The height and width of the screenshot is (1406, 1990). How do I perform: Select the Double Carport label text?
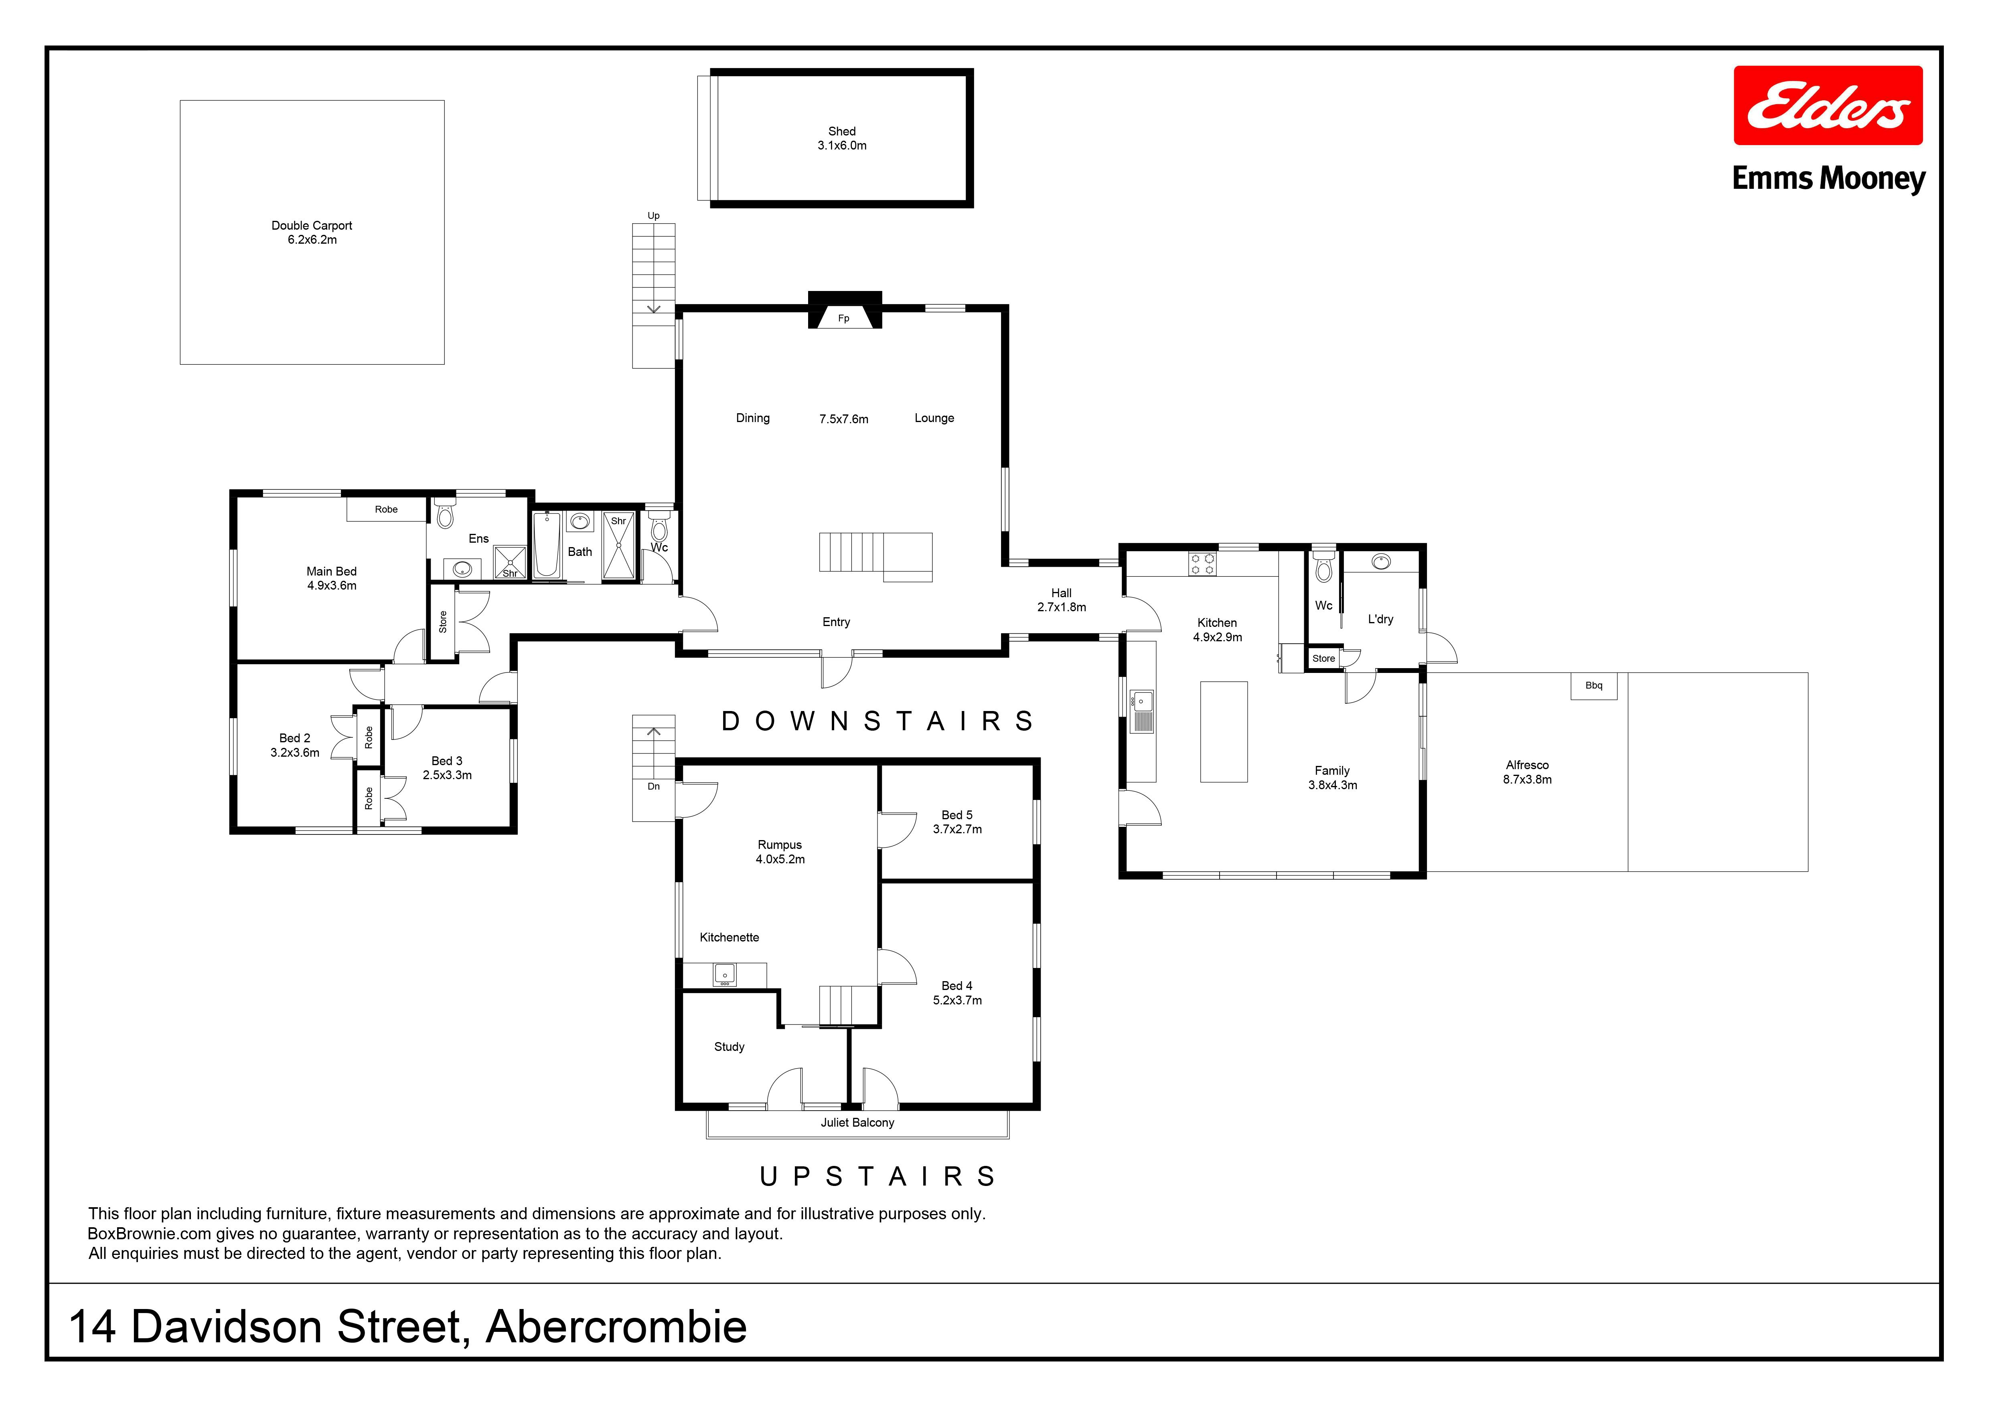click(x=312, y=225)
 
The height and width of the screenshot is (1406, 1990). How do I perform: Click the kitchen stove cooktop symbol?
click(x=1202, y=564)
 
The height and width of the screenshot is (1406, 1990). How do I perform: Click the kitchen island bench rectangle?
click(x=1224, y=732)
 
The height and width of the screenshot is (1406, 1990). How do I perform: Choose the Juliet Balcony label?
click(x=857, y=1123)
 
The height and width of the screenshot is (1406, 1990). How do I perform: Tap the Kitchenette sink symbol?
click(x=725, y=976)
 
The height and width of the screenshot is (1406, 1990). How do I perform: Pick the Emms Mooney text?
click(x=1829, y=179)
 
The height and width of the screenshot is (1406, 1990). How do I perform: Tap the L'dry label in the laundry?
click(x=1381, y=619)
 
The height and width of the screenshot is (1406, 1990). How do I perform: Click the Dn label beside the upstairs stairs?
click(x=654, y=787)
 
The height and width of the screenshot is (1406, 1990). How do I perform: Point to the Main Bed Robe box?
click(x=387, y=509)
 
